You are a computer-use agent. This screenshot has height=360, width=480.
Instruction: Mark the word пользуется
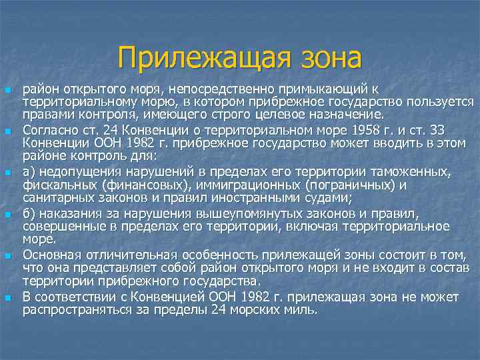coord(441,101)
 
